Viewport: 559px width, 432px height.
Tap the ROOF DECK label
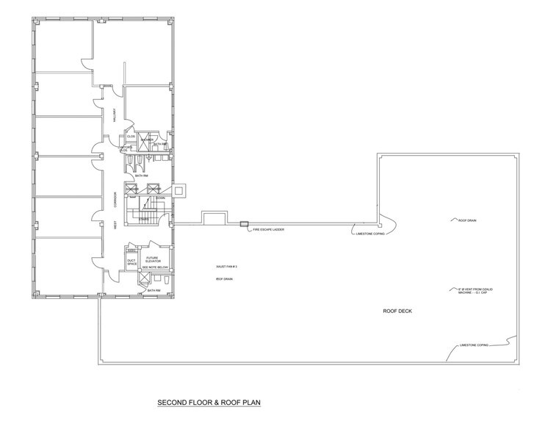click(x=397, y=311)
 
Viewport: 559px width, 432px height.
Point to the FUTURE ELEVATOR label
click(x=152, y=259)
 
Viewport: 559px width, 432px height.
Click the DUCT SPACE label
click(x=131, y=262)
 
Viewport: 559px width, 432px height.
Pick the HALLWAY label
click(x=115, y=116)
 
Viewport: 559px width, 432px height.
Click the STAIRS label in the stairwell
click(x=144, y=218)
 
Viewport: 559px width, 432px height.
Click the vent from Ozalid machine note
click(x=474, y=292)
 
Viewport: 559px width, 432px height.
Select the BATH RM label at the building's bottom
click(x=153, y=290)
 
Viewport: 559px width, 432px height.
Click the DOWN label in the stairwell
click(x=159, y=198)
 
